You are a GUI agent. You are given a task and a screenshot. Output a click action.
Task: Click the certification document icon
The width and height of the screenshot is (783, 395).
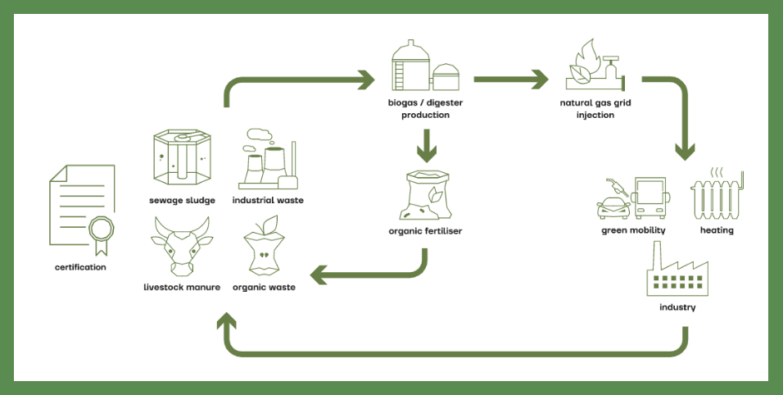click(82, 209)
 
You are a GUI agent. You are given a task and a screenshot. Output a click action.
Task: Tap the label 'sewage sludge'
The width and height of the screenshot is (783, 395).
click(182, 200)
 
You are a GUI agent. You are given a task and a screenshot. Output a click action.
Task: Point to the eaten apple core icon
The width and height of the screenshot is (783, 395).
click(264, 246)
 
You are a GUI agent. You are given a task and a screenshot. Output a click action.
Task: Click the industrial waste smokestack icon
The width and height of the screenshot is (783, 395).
click(267, 160)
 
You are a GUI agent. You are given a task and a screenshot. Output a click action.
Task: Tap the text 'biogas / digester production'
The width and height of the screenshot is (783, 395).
click(425, 110)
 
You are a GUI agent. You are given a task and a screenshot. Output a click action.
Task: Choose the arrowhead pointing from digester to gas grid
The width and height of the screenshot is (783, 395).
click(538, 80)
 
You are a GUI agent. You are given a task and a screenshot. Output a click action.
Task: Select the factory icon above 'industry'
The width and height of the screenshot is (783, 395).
click(677, 270)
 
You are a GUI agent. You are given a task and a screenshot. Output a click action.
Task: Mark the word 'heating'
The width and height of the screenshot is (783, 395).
click(717, 231)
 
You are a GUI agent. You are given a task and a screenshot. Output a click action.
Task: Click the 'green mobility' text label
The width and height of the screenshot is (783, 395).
click(633, 231)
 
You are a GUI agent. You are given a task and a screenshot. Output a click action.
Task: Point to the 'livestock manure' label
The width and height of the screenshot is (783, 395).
click(182, 288)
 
